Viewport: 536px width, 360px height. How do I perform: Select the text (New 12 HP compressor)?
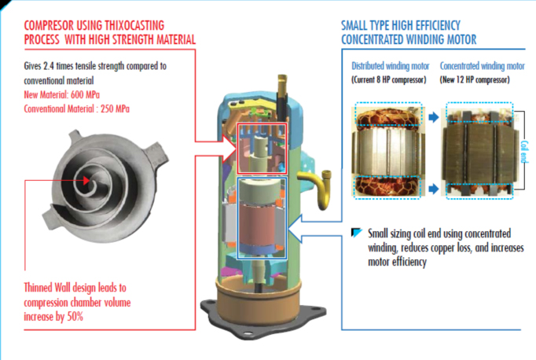pos(481,80)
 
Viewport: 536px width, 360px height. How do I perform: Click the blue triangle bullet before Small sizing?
pos(358,233)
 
